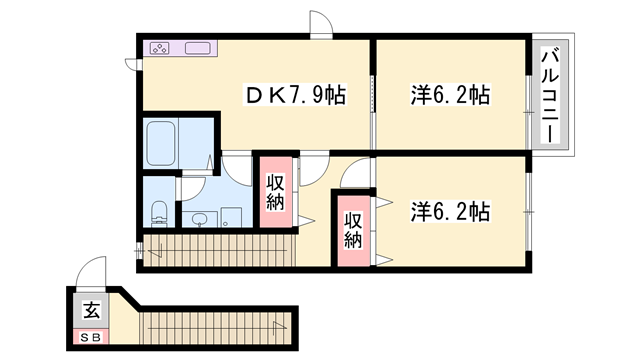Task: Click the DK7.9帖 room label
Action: click(x=297, y=96)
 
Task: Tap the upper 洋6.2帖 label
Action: click(x=450, y=96)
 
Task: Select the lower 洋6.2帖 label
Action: click(x=450, y=212)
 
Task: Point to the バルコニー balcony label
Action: click(x=550, y=96)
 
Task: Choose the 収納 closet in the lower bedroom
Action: click(x=352, y=230)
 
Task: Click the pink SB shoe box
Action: click(x=89, y=337)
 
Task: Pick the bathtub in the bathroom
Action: click(x=161, y=144)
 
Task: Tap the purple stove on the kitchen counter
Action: click(x=163, y=48)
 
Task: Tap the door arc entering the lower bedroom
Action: click(x=355, y=176)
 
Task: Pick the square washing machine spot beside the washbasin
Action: click(x=231, y=217)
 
